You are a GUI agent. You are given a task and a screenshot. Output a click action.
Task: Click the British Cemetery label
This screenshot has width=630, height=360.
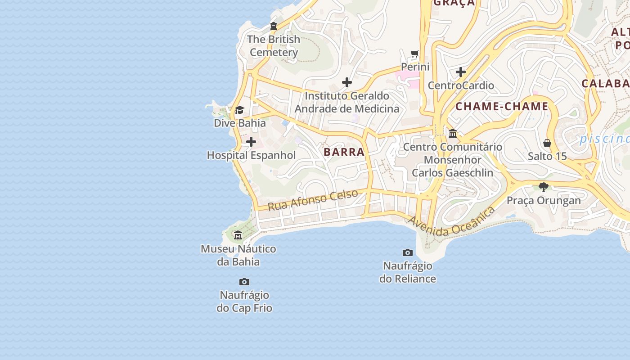coord(274,46)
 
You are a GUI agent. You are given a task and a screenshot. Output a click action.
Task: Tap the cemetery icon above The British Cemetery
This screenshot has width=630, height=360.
coord(273,26)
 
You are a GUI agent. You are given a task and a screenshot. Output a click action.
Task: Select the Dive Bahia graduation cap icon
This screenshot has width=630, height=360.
coord(239,110)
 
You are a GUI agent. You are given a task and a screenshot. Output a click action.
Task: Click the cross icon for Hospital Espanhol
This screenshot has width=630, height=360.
coord(251,142)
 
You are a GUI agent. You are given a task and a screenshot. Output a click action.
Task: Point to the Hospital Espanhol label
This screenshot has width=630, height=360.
coord(251,155)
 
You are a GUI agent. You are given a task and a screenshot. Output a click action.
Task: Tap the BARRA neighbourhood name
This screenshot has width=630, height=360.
coord(344,152)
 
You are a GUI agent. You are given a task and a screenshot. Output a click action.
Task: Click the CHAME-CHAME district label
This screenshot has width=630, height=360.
coord(502,107)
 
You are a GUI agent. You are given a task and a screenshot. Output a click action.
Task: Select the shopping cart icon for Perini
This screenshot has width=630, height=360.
coord(415,54)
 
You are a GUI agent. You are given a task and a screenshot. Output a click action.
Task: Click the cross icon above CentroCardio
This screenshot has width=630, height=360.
coord(461,72)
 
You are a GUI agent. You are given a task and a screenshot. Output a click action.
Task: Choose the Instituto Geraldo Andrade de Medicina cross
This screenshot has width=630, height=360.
coord(347,82)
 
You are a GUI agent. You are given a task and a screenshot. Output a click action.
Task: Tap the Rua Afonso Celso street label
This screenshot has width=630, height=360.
coord(313,200)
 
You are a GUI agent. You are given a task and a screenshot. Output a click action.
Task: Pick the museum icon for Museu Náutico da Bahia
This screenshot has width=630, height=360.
coord(238,235)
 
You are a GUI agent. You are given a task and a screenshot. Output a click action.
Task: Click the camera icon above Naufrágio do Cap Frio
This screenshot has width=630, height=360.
coord(244,282)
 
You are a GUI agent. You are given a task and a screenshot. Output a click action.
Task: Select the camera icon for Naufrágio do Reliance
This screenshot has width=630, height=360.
coord(408,252)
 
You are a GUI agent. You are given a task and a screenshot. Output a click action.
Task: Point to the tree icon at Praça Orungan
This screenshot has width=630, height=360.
coord(544,187)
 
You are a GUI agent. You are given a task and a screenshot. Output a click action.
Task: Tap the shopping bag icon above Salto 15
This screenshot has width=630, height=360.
coord(547,143)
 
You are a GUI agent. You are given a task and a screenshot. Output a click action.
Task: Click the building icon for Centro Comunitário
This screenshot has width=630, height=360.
coord(453,134)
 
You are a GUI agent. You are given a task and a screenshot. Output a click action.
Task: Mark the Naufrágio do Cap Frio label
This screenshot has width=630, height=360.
coord(244,301)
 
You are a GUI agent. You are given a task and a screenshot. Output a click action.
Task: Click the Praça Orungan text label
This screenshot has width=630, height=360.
coord(544,200)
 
